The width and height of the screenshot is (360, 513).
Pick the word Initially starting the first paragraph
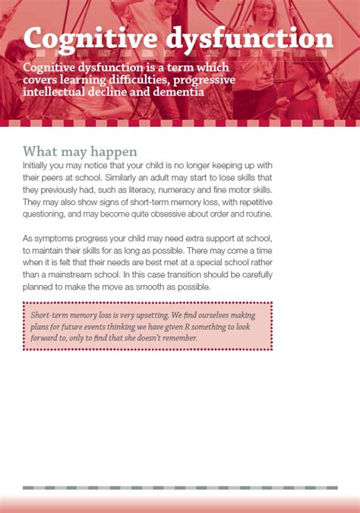pos(37,165)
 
